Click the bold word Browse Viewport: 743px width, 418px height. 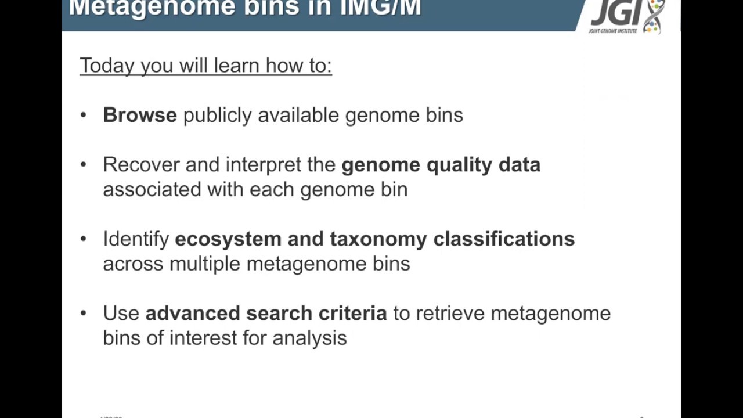click(x=140, y=115)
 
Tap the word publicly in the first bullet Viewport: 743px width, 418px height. click(x=218, y=116)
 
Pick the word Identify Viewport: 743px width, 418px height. click(x=136, y=239)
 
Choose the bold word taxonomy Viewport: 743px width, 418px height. click(x=378, y=239)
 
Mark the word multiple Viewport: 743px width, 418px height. click(x=205, y=264)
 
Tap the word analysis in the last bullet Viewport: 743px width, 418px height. click(x=309, y=338)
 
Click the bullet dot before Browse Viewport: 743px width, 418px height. click(x=84, y=115)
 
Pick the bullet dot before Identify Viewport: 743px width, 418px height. click(x=84, y=239)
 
